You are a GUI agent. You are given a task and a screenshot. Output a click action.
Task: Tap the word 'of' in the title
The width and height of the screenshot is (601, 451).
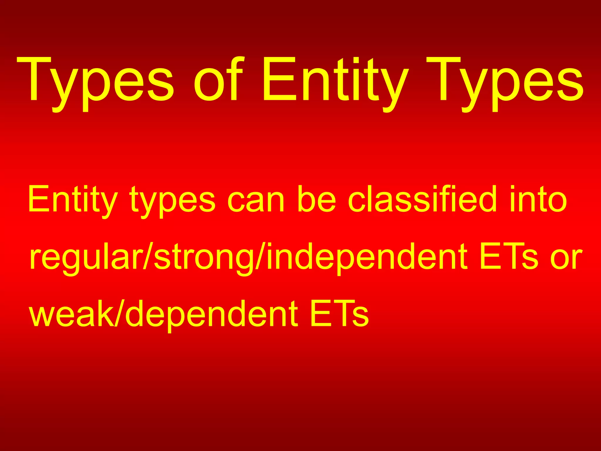coord(219,79)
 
